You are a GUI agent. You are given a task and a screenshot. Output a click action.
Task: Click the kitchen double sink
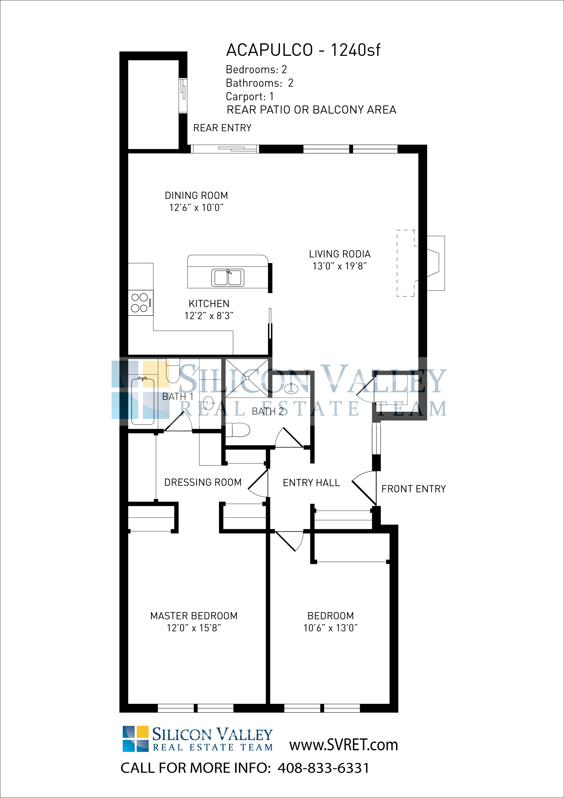point(228,278)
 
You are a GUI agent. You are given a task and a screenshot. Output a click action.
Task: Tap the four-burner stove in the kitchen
point(140,303)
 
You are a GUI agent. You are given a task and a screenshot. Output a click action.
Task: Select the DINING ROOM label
point(196,196)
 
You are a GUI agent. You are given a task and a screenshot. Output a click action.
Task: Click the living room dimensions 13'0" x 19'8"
point(340,266)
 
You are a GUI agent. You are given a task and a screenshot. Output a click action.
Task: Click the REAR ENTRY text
point(222,128)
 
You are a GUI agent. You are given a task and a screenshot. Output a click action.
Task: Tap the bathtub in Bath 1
point(143,401)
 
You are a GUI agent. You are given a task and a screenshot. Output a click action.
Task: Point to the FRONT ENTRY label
point(413,489)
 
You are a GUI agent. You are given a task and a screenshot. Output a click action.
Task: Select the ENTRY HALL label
point(311,483)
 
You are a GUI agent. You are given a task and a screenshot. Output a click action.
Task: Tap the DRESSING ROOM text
point(203,482)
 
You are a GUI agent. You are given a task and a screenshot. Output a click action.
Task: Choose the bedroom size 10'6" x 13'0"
point(331,628)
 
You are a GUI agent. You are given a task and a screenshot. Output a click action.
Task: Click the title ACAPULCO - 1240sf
point(303,50)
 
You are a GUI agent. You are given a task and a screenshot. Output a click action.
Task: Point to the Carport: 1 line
point(249,96)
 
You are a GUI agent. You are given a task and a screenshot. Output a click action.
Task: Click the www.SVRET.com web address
point(343,745)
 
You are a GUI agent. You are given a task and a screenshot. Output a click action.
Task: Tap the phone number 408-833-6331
point(323,768)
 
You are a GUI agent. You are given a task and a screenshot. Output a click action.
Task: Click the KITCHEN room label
point(209,304)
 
